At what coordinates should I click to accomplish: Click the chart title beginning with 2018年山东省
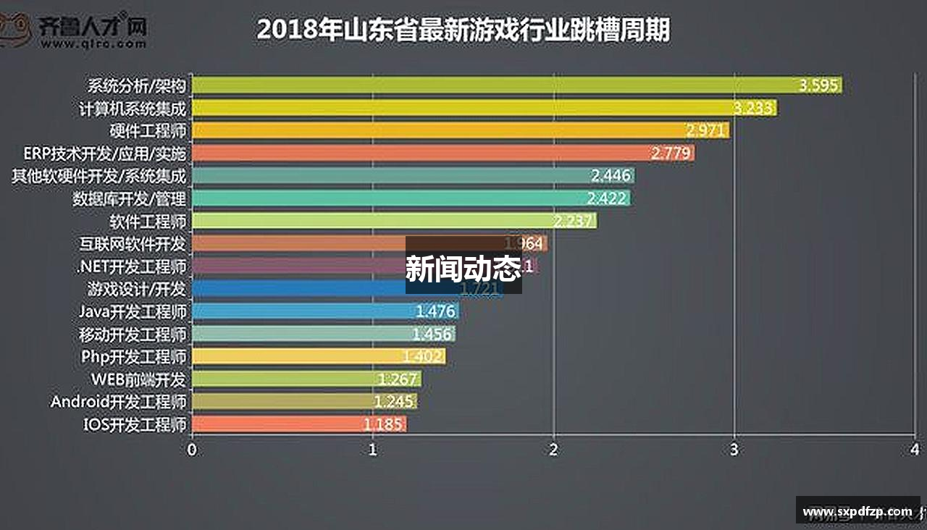click(463, 30)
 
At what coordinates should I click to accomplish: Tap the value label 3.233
click(754, 109)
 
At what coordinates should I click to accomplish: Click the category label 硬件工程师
click(148, 131)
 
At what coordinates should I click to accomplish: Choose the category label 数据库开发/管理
click(130, 198)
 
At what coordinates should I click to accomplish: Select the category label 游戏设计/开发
click(137, 289)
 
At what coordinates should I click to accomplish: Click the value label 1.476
click(435, 311)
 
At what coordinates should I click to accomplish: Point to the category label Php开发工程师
click(134, 356)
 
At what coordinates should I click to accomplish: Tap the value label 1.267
click(398, 379)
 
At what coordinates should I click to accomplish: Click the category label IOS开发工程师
click(135, 424)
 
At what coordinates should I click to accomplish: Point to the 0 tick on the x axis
click(192, 450)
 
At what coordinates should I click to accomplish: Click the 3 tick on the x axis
click(734, 450)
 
